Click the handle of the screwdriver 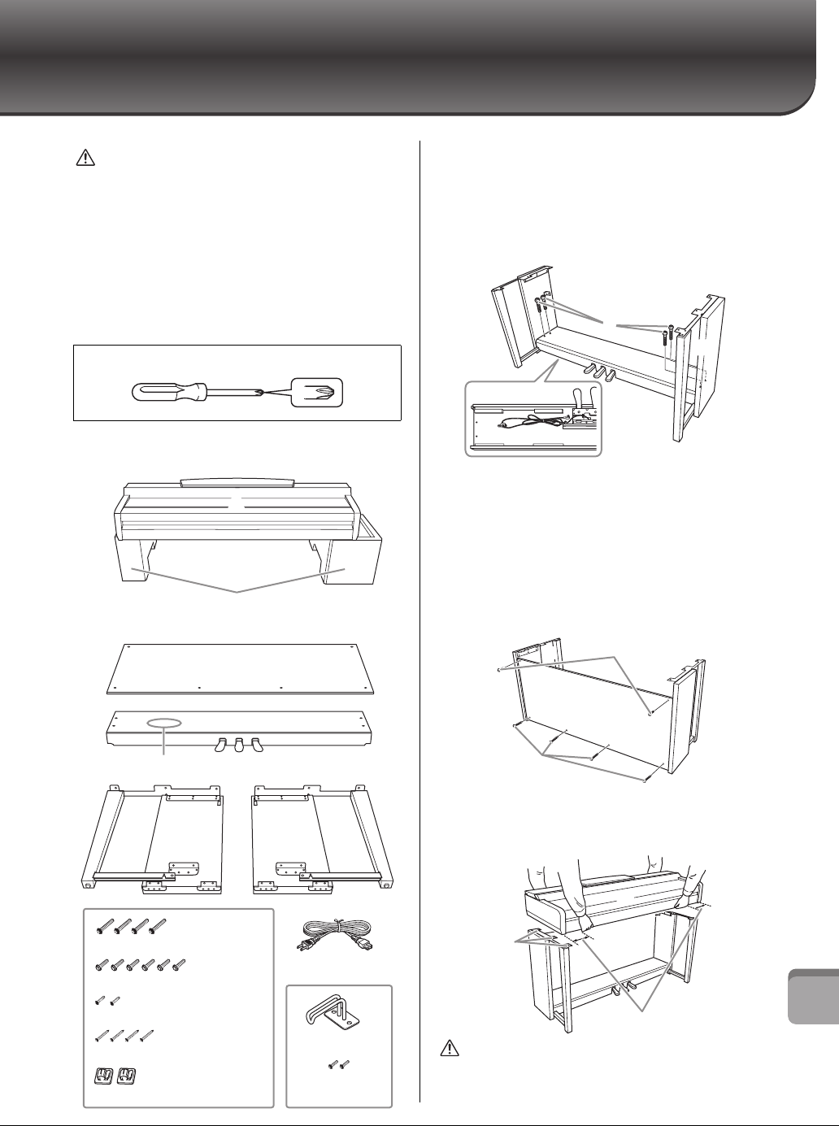click(x=167, y=391)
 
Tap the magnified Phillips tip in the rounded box click(x=318, y=391)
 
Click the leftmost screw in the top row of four click(x=103, y=924)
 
